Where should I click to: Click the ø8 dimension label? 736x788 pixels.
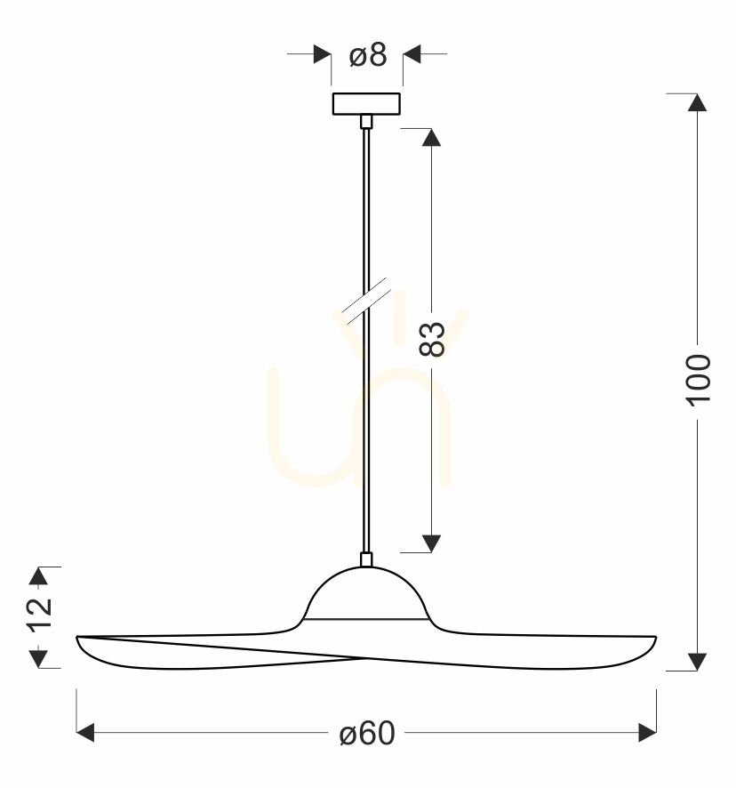pyautogui.click(x=368, y=55)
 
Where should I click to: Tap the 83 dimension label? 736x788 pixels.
pyautogui.click(x=432, y=339)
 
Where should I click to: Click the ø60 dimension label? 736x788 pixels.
pyautogui.click(x=367, y=733)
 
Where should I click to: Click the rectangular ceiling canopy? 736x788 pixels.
pyautogui.click(x=366, y=104)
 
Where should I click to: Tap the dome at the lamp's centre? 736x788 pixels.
pyautogui.click(x=366, y=593)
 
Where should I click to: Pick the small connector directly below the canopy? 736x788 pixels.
pyautogui.click(x=366, y=122)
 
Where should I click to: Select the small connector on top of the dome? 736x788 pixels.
pyautogui.click(x=366, y=559)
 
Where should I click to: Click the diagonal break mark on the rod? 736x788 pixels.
pyautogui.click(x=366, y=301)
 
